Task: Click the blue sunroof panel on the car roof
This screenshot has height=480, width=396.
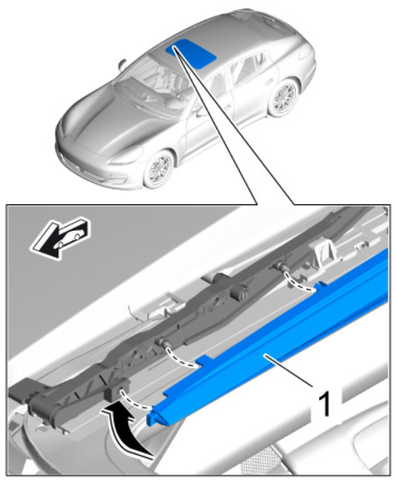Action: pos(191,53)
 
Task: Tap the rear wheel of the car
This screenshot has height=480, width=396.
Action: pos(284,97)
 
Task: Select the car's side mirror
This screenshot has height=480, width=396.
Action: pos(122,64)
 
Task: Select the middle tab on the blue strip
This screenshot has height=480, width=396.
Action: pos(204,361)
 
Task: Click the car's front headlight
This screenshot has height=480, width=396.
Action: pos(126,157)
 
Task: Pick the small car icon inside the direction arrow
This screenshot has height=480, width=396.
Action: pos(69,239)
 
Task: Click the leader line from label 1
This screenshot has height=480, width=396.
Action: pos(289,370)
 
